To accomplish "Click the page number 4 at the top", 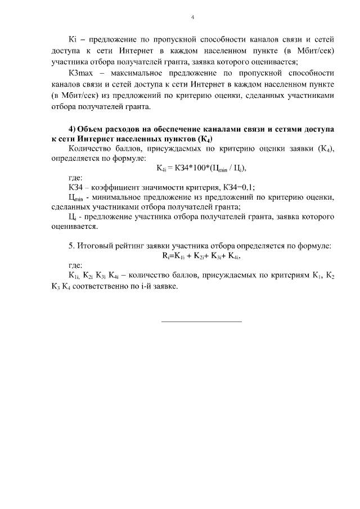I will pyautogui.click(x=192, y=17).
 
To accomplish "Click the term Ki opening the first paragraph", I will pyautogui.click(x=72, y=40).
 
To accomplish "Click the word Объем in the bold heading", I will pyautogui.click(x=91, y=129).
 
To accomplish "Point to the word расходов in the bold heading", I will pyautogui.click(x=130, y=129).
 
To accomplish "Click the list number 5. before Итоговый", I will pyautogui.click(x=71, y=245).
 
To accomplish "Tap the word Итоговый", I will pyautogui.click(x=94, y=245).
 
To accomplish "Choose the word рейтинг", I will pyautogui.click(x=134, y=245).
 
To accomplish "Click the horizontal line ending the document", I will pyautogui.click(x=201, y=321).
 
